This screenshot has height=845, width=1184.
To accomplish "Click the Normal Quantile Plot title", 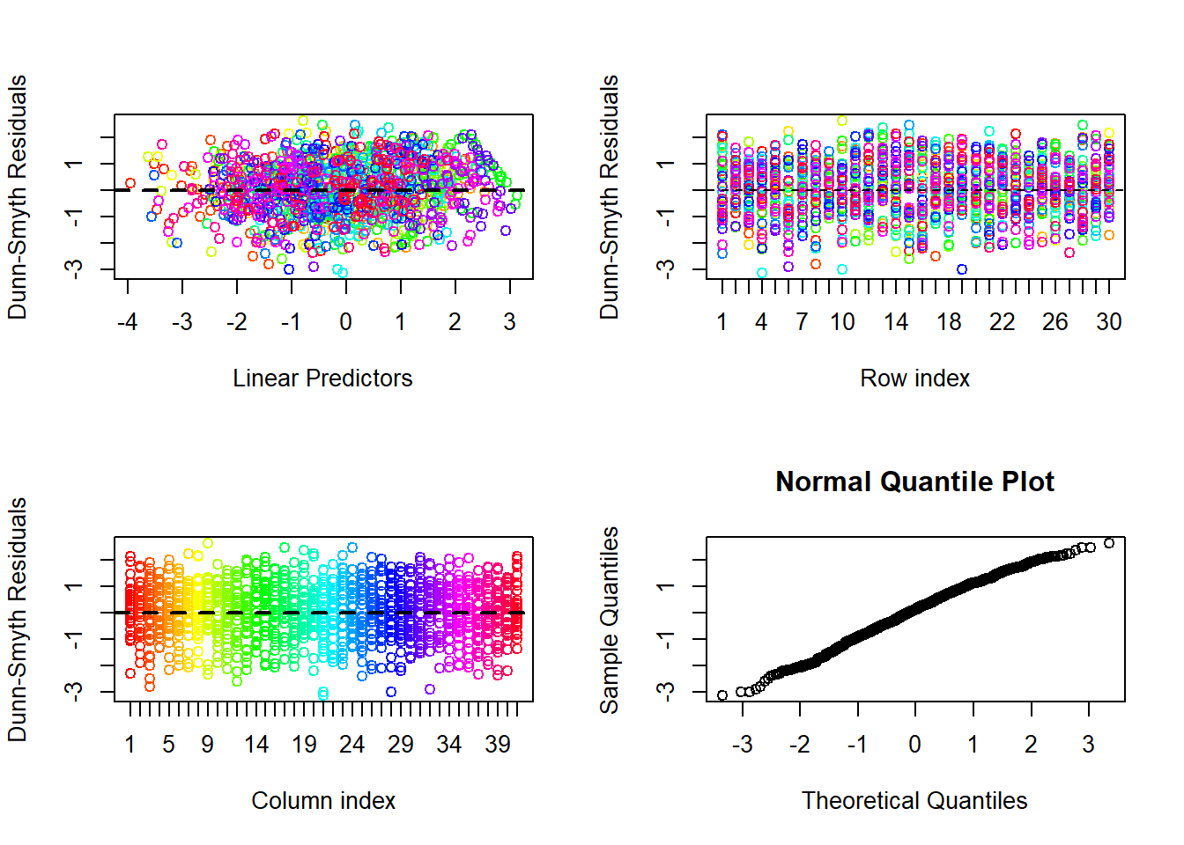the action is point(914,481).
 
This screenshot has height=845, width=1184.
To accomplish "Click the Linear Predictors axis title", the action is point(322,378).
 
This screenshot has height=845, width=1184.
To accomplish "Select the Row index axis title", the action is point(915,378).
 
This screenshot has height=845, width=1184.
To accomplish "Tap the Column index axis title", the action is point(323,801).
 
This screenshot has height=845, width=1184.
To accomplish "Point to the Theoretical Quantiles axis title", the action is point(914,801).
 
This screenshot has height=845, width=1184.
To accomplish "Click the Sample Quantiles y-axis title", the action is point(610,620).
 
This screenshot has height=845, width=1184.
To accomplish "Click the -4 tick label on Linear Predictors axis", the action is point(128,321).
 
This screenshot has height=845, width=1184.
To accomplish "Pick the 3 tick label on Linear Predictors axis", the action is point(509,321).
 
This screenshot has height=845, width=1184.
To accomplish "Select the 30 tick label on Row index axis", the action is point(1108,321).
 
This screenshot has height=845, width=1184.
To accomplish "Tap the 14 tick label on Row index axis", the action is point(895,321).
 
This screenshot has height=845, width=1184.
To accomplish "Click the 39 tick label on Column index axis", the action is point(498,744).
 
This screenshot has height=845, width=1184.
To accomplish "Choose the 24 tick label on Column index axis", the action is point(352,744).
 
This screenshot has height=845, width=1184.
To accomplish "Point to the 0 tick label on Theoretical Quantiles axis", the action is point(915,744).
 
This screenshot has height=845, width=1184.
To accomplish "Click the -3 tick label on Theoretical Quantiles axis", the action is point(742,744).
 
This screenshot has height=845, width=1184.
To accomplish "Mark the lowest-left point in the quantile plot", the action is point(722,695).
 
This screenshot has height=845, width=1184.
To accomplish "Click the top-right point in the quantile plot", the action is point(1109,543).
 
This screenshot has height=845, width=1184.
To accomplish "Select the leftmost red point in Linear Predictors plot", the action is point(130,183).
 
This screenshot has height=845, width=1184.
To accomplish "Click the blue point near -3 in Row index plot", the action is point(962,269).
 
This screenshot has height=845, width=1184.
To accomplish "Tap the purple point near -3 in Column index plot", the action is point(430,689).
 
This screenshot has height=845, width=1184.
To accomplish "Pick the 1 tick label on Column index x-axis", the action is point(130,744).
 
